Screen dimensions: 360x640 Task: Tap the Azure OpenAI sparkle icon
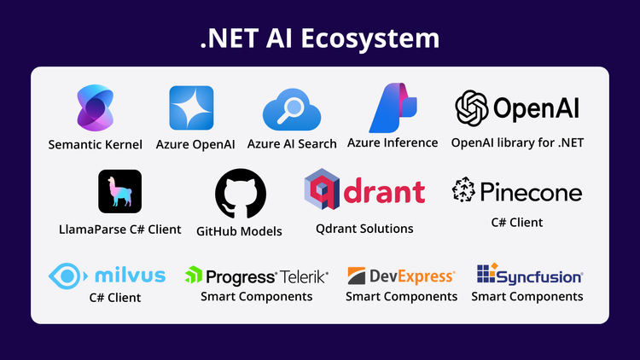pyautogui.click(x=191, y=107)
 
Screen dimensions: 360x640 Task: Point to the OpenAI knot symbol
pyautogui.click(x=471, y=107)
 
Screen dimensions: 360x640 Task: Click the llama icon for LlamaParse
pyautogui.click(x=119, y=191)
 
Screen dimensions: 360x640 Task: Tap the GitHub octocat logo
pyautogui.click(x=240, y=194)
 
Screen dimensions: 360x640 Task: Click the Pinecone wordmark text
pyautogui.click(x=530, y=192)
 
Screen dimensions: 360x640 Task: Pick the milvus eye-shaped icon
pyautogui.click(x=67, y=276)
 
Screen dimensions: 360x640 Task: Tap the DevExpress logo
pyautogui.click(x=401, y=276)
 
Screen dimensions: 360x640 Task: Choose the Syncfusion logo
pyautogui.click(x=529, y=276)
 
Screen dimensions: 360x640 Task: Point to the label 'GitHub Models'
pyautogui.click(x=239, y=230)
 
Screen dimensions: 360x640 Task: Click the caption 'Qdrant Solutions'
pyautogui.click(x=364, y=229)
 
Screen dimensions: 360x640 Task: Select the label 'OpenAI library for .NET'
pyautogui.click(x=516, y=142)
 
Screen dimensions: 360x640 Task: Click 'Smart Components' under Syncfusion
pyautogui.click(x=527, y=296)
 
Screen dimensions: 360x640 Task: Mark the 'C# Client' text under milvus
pyautogui.click(x=115, y=298)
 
